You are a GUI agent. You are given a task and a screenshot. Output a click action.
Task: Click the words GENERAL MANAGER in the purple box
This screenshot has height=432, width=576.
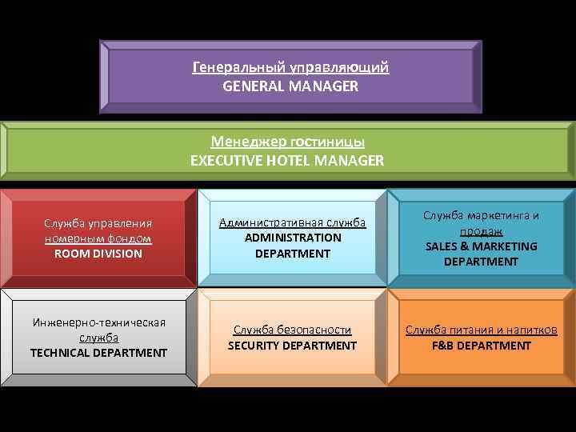[290, 86]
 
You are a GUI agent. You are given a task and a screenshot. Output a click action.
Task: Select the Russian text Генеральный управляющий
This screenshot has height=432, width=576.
[290, 67]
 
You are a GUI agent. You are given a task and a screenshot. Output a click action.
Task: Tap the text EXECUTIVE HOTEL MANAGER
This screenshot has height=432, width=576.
[287, 160]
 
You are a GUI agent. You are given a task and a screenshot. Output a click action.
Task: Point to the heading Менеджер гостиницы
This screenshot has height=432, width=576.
[287, 142]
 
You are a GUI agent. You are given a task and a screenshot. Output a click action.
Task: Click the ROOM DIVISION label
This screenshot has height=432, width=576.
[98, 254]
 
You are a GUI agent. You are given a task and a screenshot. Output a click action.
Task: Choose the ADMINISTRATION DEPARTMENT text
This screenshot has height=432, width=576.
[293, 246]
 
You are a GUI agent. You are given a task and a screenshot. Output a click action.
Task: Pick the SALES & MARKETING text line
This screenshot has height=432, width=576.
[482, 246]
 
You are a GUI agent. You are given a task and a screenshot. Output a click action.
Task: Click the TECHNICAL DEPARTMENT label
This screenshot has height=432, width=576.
[98, 353]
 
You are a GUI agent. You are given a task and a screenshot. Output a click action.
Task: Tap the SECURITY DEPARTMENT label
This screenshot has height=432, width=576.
[292, 346]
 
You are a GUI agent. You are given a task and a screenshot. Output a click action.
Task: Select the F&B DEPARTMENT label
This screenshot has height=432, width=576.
[482, 346]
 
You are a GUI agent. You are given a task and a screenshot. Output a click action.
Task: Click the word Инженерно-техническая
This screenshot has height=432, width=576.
[98, 322]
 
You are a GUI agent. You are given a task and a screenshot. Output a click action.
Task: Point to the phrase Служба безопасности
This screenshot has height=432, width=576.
[292, 330]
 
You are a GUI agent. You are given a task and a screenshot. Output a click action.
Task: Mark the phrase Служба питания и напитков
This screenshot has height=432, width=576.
[482, 330]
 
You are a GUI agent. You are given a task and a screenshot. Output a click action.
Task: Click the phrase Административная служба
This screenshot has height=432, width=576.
[293, 222]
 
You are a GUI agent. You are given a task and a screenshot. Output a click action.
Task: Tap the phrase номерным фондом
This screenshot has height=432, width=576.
[98, 238]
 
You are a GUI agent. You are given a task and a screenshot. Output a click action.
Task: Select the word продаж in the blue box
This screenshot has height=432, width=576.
[482, 230]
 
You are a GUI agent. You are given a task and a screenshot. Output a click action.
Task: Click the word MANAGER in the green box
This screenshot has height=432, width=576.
[350, 160]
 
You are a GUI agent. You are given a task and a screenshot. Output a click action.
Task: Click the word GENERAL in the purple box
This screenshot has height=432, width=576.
[250, 86]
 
